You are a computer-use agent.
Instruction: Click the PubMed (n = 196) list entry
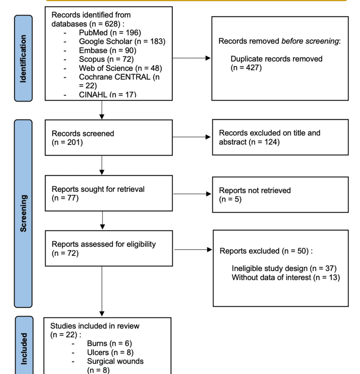[x=110, y=33]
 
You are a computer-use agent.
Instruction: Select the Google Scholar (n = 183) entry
[x=122, y=41]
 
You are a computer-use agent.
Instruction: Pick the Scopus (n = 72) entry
[x=106, y=59]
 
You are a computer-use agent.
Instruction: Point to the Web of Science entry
[x=120, y=68]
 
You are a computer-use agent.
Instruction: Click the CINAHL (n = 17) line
[x=107, y=95]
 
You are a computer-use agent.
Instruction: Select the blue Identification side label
[x=23, y=58]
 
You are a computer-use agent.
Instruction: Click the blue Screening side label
[x=23, y=213]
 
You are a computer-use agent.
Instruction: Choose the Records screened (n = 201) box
[x=108, y=138]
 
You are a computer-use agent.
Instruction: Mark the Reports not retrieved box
[x=280, y=194]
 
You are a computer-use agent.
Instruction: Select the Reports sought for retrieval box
[x=108, y=193]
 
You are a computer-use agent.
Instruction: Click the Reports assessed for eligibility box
[x=108, y=248]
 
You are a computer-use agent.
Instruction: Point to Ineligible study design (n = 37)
[x=284, y=268]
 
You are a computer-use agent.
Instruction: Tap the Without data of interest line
[x=286, y=277]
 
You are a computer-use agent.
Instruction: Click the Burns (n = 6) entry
[x=109, y=343]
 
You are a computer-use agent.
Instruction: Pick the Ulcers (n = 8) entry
[x=110, y=352]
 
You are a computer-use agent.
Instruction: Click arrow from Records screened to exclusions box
[x=192, y=137]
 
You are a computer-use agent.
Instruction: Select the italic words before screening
[x=310, y=41]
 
